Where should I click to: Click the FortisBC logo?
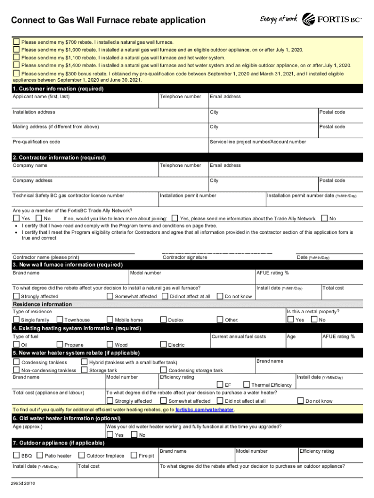pos(332,19)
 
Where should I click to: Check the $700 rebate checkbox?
pos(17,42)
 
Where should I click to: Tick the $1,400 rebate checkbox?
pos(17,65)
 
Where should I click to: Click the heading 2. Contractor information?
pos(59,158)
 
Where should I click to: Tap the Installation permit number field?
pos(212,201)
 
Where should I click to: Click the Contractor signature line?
pos(216,252)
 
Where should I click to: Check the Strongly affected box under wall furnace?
pos(17,296)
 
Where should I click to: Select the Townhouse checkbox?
pos(60,320)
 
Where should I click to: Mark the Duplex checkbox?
pos(163,320)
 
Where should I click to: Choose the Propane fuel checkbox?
pos(60,345)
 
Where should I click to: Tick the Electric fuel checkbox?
pos(163,345)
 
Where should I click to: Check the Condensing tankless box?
pos(17,362)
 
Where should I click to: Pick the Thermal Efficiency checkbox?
pos(247,385)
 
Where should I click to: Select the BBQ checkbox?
pos(17,456)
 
